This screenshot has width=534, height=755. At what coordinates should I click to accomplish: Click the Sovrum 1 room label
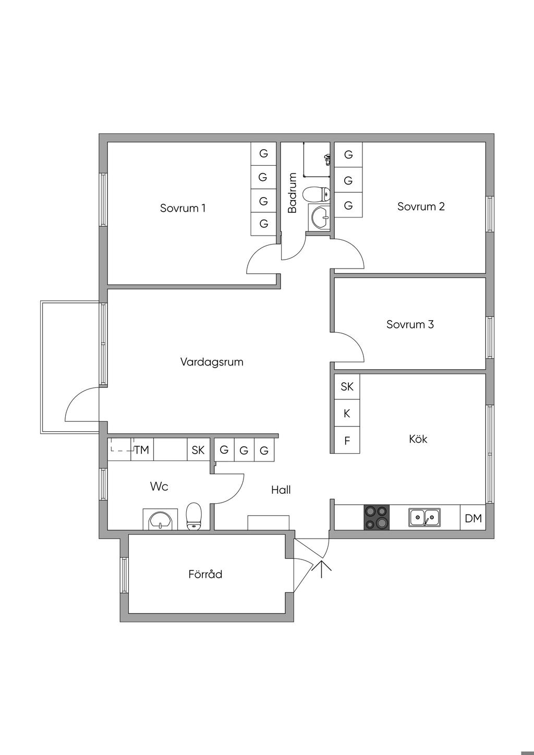pyautogui.click(x=183, y=208)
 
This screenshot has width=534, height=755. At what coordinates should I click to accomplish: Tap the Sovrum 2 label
pyautogui.click(x=421, y=206)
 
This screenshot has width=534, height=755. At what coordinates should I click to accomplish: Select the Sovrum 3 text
pyautogui.click(x=410, y=324)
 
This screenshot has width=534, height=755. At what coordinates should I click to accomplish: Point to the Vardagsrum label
pyautogui.click(x=212, y=362)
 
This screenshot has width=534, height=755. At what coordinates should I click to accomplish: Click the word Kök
pyautogui.click(x=418, y=439)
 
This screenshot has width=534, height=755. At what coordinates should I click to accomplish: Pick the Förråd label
pyautogui.click(x=205, y=574)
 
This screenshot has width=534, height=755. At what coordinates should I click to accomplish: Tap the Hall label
pyautogui.click(x=281, y=490)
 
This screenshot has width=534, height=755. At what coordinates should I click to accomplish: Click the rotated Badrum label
pyautogui.click(x=292, y=193)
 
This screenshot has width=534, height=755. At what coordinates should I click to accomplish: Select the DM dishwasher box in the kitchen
pyautogui.click(x=473, y=518)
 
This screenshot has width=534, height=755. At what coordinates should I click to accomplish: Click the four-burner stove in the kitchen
pyautogui.click(x=377, y=518)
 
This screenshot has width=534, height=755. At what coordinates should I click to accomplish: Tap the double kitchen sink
pyautogui.click(x=424, y=518)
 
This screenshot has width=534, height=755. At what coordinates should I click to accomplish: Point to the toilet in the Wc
pyautogui.click(x=194, y=516)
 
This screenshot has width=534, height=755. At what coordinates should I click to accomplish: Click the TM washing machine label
pyautogui.click(x=141, y=450)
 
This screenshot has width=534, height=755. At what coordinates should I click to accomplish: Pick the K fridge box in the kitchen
pyautogui.click(x=347, y=413)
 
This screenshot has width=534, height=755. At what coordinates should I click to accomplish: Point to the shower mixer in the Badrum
pyautogui.click(x=327, y=159)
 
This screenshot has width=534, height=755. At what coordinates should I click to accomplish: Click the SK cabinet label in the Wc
pyautogui.click(x=198, y=450)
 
